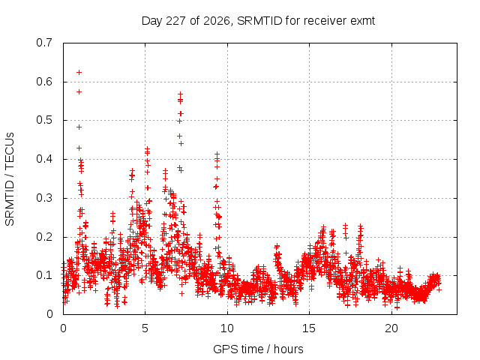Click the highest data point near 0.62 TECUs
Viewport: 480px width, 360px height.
coord(79,73)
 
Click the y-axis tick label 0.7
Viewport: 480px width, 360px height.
coord(44,43)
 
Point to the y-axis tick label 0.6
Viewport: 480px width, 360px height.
coord(44,82)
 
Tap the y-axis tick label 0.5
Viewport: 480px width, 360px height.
coord(44,120)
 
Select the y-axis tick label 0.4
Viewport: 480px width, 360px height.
coord(44,159)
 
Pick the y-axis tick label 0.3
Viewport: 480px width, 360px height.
coord(44,198)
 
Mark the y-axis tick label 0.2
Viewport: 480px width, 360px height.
coord(44,237)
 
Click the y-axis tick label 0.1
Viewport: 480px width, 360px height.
coord(44,275)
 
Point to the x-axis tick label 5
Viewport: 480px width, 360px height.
coord(145,328)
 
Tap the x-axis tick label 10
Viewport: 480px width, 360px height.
coord(227,328)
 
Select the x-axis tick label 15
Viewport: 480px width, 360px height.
coord(309,328)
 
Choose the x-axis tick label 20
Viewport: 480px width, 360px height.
coord(391,328)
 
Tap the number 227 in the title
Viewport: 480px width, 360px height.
coord(175,21)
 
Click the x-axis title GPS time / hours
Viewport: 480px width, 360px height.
coord(258,349)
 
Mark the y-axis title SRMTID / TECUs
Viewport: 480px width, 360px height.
coord(10,179)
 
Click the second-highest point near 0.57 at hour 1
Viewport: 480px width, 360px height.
coord(79,91)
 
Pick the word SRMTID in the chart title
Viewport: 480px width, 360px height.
coord(259,21)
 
